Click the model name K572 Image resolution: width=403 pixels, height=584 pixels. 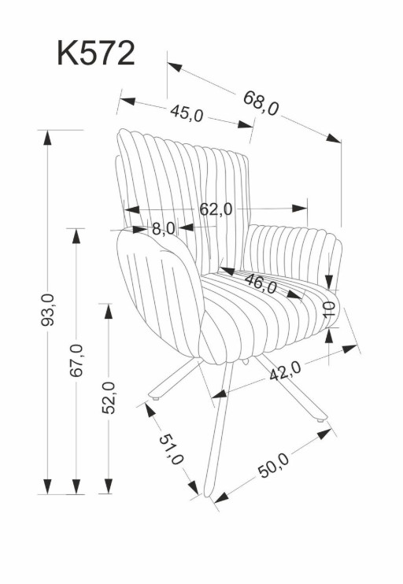pyautogui.click(x=96, y=54)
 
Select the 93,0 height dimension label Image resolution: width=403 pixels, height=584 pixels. pyautogui.click(x=47, y=309)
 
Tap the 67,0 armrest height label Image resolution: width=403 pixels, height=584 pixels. pyautogui.click(x=76, y=360)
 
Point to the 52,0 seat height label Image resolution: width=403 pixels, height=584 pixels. pyautogui.click(x=109, y=397)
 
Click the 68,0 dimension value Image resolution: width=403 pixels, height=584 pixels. pyautogui.click(x=261, y=103)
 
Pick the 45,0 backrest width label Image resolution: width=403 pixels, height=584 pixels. pyautogui.click(x=187, y=113)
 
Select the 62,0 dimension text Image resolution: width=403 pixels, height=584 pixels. pyautogui.click(x=216, y=209)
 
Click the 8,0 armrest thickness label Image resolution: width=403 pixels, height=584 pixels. pyautogui.click(x=164, y=228)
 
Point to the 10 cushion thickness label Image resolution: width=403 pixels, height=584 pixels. pyautogui.click(x=329, y=309)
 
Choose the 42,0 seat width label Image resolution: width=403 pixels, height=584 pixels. pyautogui.click(x=285, y=371)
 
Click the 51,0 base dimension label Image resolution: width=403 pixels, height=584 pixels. pyautogui.click(x=172, y=449)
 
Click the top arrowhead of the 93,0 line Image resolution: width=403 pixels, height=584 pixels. pyautogui.click(x=47, y=138)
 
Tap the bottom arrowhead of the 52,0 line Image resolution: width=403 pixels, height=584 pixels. pyautogui.click(x=109, y=486)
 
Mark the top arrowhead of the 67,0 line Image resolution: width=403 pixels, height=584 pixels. pyautogui.click(x=76, y=236)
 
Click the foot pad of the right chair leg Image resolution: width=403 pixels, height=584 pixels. pyautogui.click(x=320, y=420)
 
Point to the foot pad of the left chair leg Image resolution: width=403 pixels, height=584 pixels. pyautogui.click(x=156, y=398)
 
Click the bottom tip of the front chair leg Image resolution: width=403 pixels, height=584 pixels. pyautogui.click(x=209, y=496)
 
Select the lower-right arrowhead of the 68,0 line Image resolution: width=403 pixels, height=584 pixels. pyautogui.click(x=334, y=139)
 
